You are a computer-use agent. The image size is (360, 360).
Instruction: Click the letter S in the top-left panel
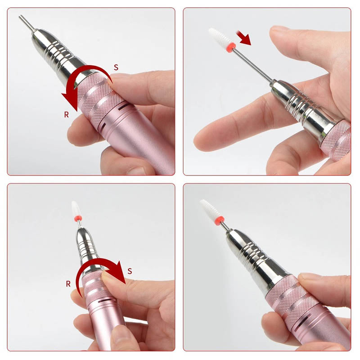(116, 67)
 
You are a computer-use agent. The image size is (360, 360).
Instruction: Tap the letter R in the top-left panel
(66, 114)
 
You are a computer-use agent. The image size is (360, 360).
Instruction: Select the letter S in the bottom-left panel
(130, 271)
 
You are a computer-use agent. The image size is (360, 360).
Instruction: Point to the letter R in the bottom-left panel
(68, 284)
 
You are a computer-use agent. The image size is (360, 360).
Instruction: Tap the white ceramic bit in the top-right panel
(219, 36)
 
